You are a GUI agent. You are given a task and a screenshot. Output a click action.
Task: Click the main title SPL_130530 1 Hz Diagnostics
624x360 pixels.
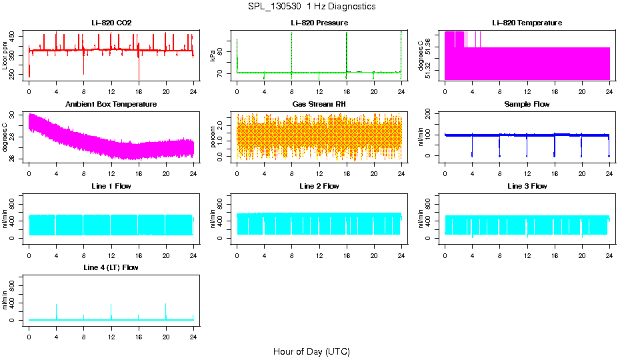coord(311,7)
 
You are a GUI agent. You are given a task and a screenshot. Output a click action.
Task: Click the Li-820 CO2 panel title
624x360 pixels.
coord(111,23)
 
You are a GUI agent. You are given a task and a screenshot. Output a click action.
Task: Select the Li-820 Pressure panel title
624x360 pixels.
coord(319,23)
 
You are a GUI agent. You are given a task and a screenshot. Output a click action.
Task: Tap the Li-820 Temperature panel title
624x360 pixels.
coord(527,23)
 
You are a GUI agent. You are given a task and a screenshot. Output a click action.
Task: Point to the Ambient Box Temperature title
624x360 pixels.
coord(111,104)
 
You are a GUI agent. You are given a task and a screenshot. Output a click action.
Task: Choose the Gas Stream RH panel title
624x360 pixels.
coord(319,104)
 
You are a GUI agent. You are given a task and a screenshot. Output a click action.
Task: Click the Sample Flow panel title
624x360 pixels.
coord(527,104)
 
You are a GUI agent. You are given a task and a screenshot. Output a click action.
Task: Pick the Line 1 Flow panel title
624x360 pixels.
coord(111,186)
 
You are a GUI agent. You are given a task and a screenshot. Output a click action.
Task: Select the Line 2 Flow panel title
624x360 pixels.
coord(319,186)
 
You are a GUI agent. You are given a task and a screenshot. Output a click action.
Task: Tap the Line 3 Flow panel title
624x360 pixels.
coord(527,186)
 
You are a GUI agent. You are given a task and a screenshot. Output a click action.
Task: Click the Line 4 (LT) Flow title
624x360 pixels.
coord(111,267)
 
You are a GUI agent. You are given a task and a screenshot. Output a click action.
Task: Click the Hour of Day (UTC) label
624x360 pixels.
coord(311,351)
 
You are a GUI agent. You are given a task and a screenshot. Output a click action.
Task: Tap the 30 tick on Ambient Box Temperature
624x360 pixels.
coord(14,115)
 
